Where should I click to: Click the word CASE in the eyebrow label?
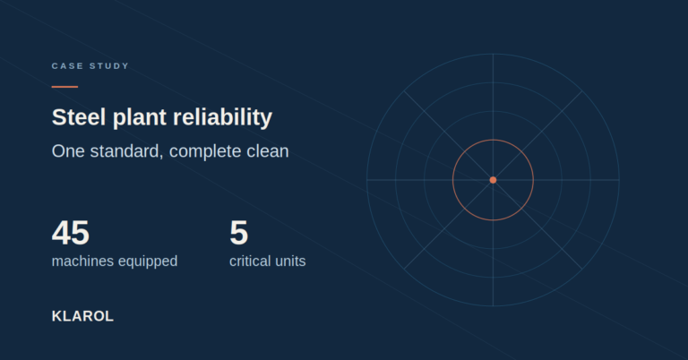tap(67, 65)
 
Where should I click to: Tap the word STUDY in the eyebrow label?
tap(109, 65)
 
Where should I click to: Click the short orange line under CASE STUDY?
tap(64, 87)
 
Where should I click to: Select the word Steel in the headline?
tap(79, 117)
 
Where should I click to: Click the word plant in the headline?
tap(140, 118)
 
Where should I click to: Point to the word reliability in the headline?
tap(223, 118)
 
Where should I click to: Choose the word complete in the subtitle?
tap(205, 152)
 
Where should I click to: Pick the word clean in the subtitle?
tap(268, 151)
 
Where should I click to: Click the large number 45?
tap(71, 233)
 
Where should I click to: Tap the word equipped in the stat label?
tap(148, 261)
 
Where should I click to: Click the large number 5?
tap(238, 233)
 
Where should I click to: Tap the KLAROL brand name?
tap(83, 316)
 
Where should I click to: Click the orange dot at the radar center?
tap(494, 180)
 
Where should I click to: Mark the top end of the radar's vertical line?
tap(494, 54)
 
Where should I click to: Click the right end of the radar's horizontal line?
tap(619, 180)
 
